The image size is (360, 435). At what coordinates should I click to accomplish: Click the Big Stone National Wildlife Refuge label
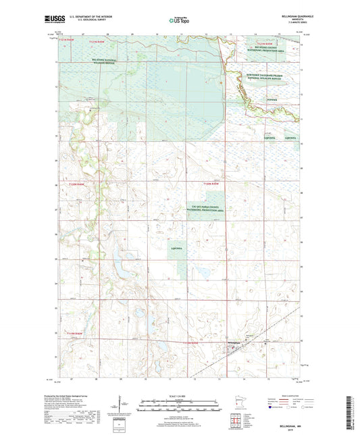coord(89,60)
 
